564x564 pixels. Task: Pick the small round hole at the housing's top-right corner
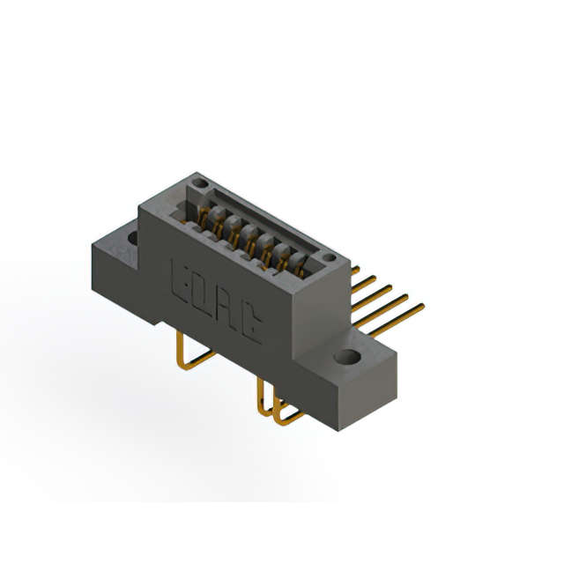pyautogui.click(x=328, y=258)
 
